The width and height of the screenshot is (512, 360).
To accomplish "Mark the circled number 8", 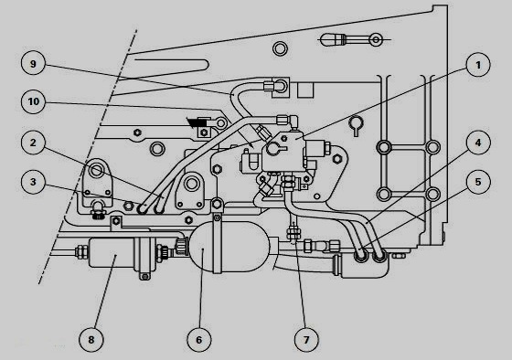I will pos(91,339).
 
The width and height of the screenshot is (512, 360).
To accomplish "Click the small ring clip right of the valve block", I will pos(356,122).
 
